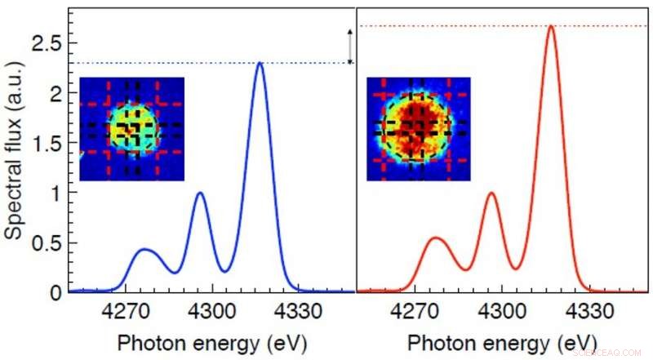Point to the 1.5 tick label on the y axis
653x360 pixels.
click(x=47, y=143)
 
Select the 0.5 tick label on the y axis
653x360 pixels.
click(x=47, y=242)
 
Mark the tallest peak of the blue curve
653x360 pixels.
click(x=260, y=63)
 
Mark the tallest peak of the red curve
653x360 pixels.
click(x=551, y=26)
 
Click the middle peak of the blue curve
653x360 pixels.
click(x=201, y=193)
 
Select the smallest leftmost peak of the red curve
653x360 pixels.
click(x=436, y=238)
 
